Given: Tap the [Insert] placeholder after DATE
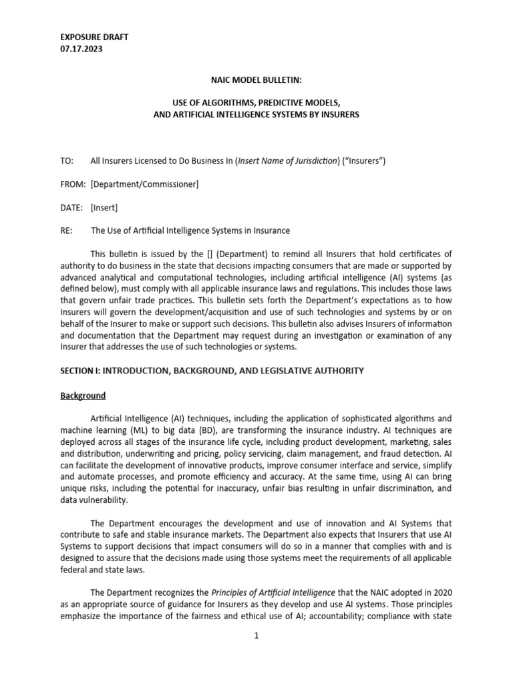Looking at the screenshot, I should [x=104, y=208].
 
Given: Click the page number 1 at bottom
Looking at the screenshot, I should [x=256, y=636].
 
